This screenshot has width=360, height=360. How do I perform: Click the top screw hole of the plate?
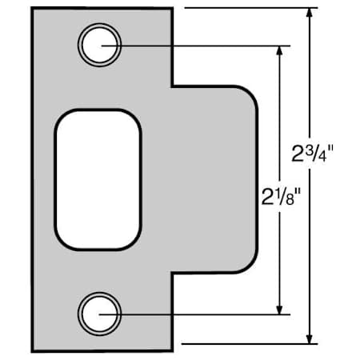(x=100, y=45)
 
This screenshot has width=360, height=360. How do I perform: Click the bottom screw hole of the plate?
(x=100, y=313)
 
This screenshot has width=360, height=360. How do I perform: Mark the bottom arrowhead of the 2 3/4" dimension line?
(x=310, y=342)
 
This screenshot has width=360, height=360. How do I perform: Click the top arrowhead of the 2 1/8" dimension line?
(x=279, y=51)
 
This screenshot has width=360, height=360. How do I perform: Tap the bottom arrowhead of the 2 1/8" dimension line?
(x=279, y=308)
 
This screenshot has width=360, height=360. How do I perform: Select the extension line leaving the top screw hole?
(x=200, y=45)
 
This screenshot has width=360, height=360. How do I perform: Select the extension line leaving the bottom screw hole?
(x=200, y=314)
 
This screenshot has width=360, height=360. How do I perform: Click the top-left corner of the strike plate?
(x=33, y=9)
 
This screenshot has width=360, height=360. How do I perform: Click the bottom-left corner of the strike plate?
(x=33, y=350)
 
